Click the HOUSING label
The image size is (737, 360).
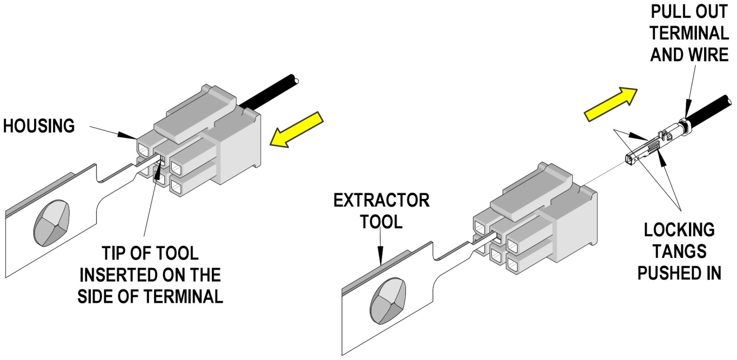pyautogui.click(x=39, y=126)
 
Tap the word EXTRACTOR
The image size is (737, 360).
pyautogui.click(x=381, y=201)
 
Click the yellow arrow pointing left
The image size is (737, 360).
pyautogui.click(x=297, y=131)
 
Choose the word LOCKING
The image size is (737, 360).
pyautogui.click(x=679, y=230)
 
